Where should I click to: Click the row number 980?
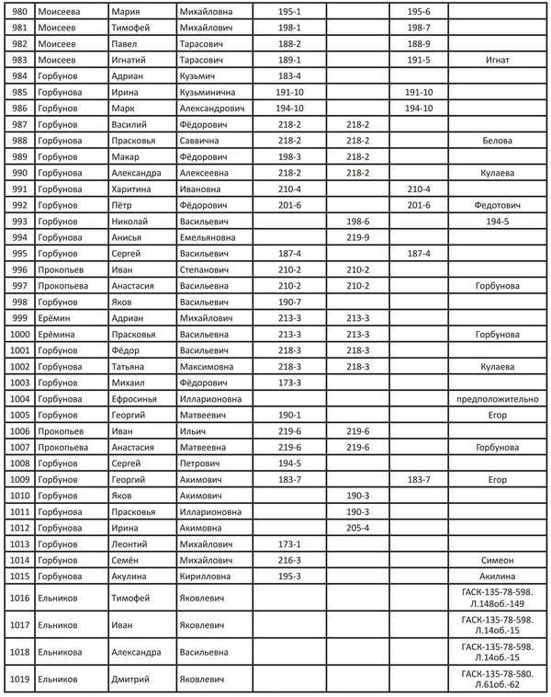pyautogui.click(x=17, y=11)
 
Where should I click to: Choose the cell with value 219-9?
pyautogui.click(x=357, y=237)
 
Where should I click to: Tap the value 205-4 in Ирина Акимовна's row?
pyautogui.click(x=357, y=528)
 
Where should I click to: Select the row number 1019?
pyautogui.click(x=19, y=680)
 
